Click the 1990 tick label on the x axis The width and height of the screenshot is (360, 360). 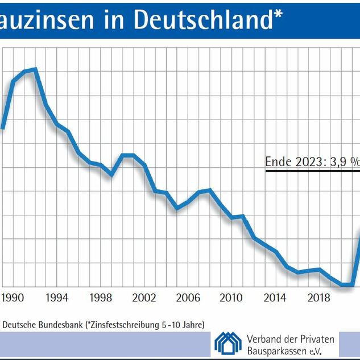click(x=13, y=297)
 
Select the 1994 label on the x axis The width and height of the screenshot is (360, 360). click(x=57, y=297)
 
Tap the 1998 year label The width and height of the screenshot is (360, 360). click(x=101, y=297)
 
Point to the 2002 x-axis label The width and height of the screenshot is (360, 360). click(x=144, y=297)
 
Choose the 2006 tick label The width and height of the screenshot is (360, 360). click(x=188, y=297)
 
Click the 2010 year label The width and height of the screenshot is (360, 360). click(x=231, y=297)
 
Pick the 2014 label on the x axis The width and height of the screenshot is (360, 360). click(x=275, y=297)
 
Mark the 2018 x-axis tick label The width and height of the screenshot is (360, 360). click(x=319, y=297)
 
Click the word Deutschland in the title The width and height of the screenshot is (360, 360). click(x=202, y=18)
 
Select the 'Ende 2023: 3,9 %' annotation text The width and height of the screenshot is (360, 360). click(x=312, y=162)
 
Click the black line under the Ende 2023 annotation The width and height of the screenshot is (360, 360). click(x=312, y=169)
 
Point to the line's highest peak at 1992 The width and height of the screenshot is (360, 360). click(x=35, y=69)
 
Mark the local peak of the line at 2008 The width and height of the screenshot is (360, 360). click(x=210, y=190)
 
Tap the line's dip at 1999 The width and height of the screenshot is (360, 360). click(x=111, y=173)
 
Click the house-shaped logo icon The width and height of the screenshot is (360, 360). click(x=227, y=342)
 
